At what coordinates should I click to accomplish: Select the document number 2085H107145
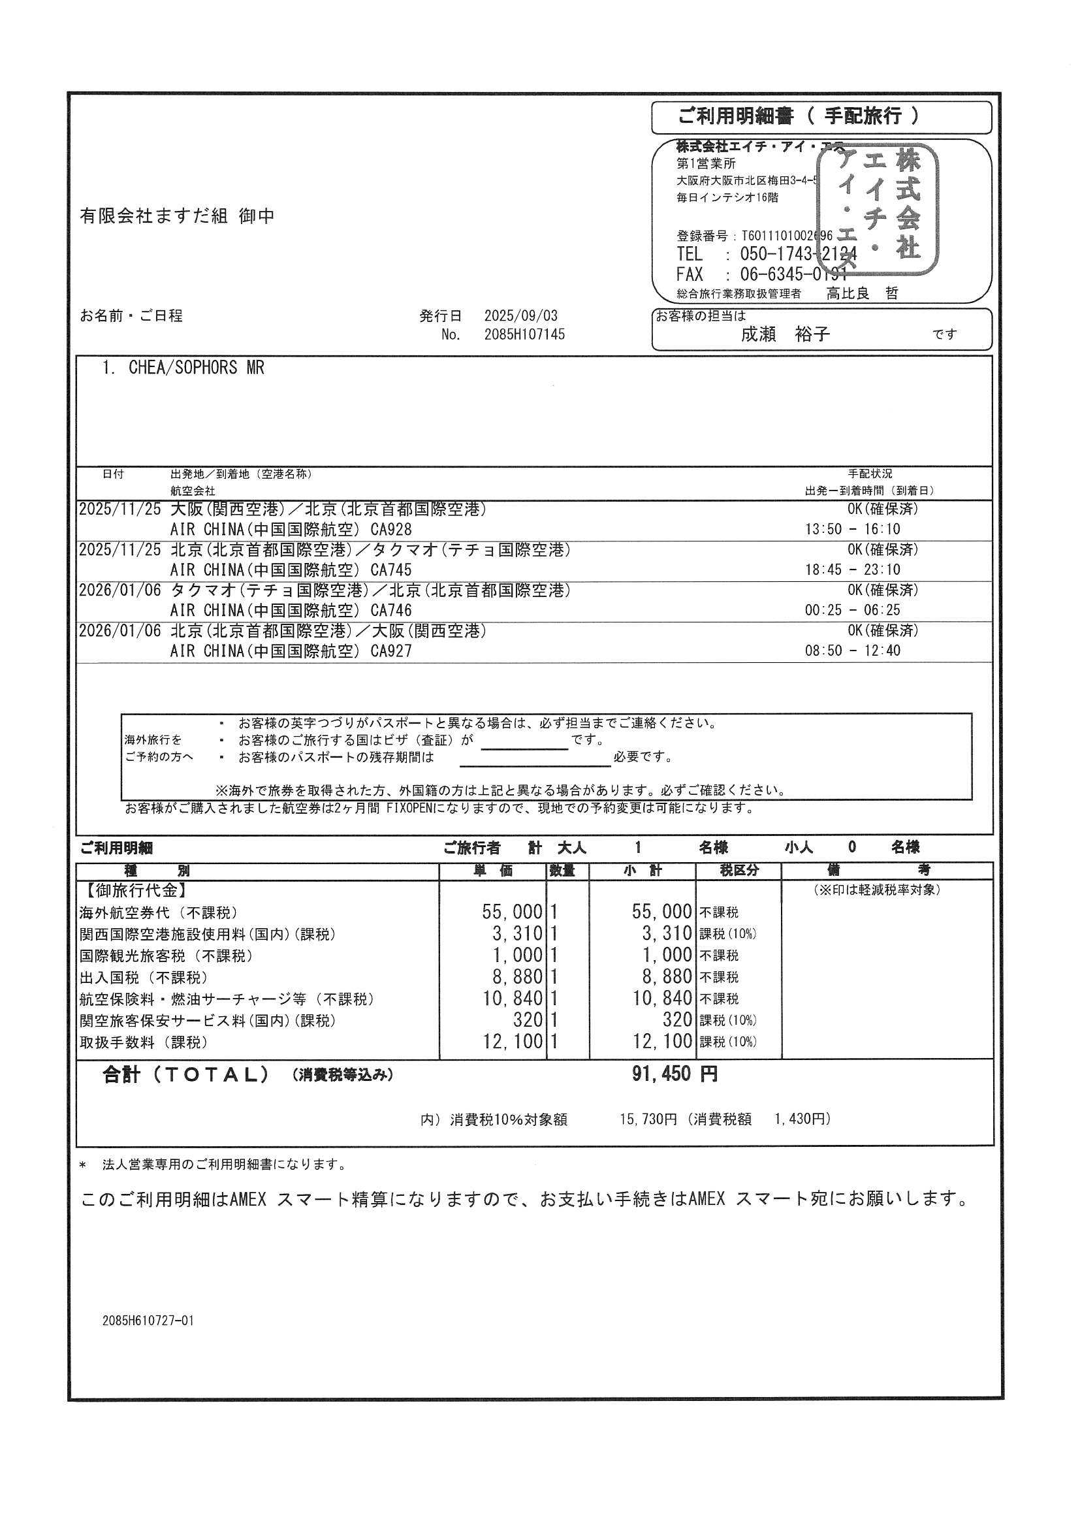point(525,335)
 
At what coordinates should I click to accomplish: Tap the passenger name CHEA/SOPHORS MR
point(196,368)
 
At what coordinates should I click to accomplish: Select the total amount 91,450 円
point(675,1074)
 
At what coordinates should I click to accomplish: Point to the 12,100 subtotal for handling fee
point(662,1042)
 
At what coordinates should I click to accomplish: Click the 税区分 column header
point(739,871)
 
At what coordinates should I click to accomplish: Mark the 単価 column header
point(493,871)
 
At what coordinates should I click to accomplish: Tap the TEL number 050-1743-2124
point(798,254)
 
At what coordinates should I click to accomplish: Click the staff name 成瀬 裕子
point(786,334)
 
